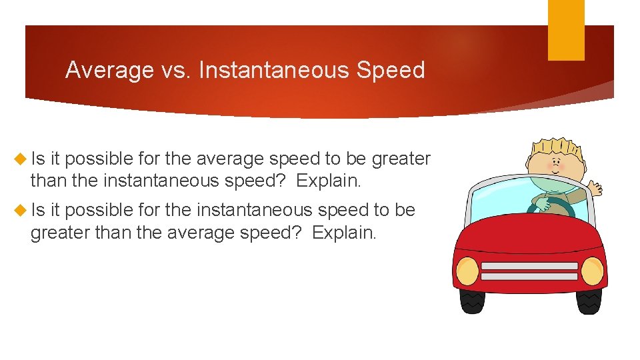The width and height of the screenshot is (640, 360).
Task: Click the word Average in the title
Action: click(x=109, y=70)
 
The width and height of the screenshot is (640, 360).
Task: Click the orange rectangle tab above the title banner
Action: click(x=566, y=30)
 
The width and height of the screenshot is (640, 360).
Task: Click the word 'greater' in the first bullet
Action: click(x=401, y=159)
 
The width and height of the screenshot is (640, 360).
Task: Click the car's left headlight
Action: click(x=467, y=270)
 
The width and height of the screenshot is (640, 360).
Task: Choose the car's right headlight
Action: click(x=592, y=271)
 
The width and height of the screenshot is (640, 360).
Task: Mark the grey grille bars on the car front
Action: click(x=529, y=271)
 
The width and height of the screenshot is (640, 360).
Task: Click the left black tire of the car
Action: click(x=473, y=302)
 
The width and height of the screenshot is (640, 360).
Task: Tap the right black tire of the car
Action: click(x=588, y=302)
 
